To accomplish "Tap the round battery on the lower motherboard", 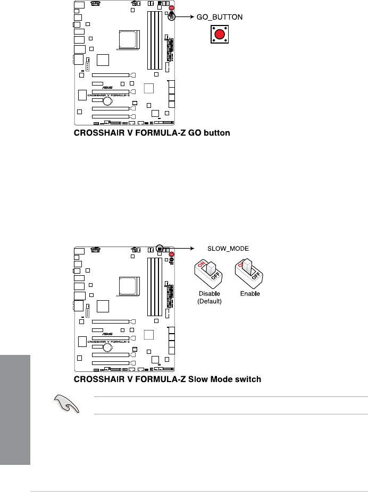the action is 107,347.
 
